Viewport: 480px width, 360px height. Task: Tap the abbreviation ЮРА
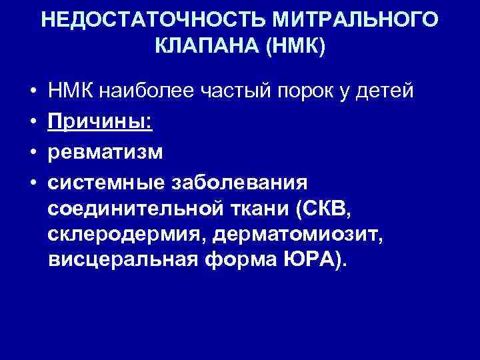(x=322, y=262)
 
